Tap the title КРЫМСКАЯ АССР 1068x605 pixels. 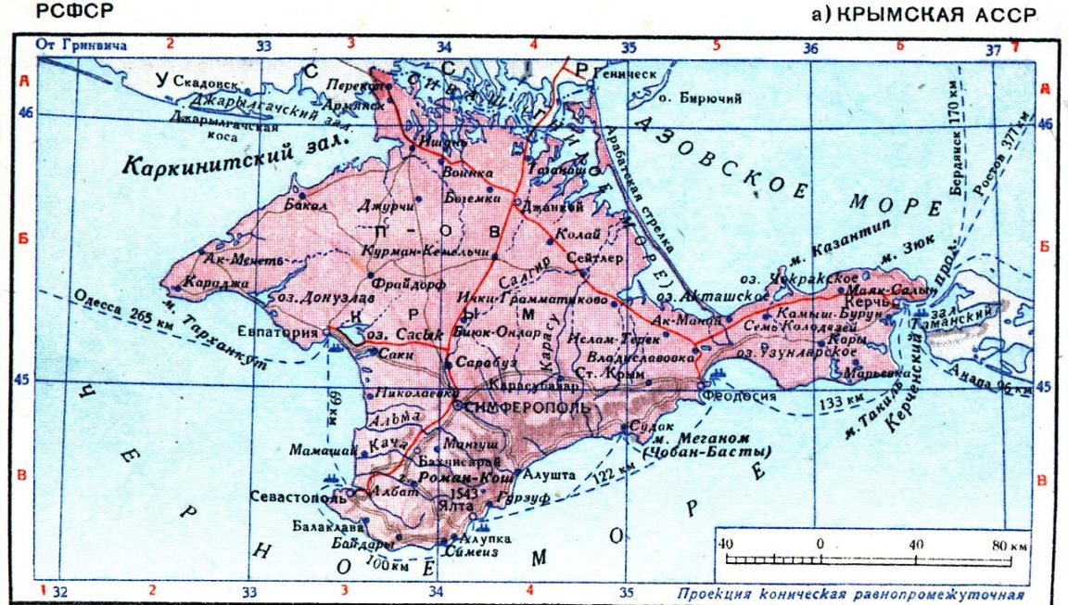[x=935, y=14]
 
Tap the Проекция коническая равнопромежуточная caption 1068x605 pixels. [x=851, y=595]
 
